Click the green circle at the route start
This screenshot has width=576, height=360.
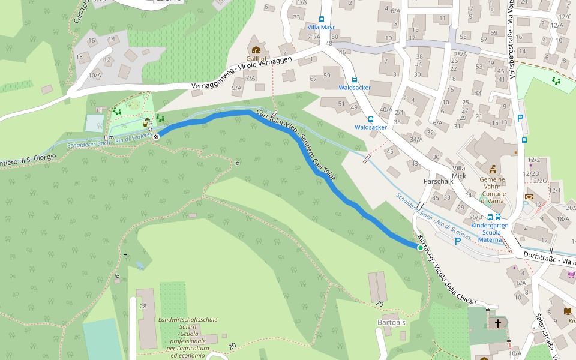pos(420,248)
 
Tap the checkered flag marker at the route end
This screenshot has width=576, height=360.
pos(156,137)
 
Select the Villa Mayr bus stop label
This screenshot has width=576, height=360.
pos(321,28)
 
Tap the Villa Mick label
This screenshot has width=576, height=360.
pos(459,172)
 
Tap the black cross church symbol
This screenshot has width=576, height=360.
pos(497,324)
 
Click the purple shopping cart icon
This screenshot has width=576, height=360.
pos(571,274)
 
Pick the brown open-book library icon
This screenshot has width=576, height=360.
pos(568,311)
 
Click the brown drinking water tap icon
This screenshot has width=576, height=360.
pos(146,123)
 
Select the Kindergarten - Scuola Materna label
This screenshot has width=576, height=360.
pos(490,232)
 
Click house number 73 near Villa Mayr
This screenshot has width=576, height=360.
pos(296,17)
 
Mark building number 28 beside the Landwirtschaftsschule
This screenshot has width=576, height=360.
pos(143,307)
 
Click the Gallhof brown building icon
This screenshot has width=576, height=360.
pos(257,49)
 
